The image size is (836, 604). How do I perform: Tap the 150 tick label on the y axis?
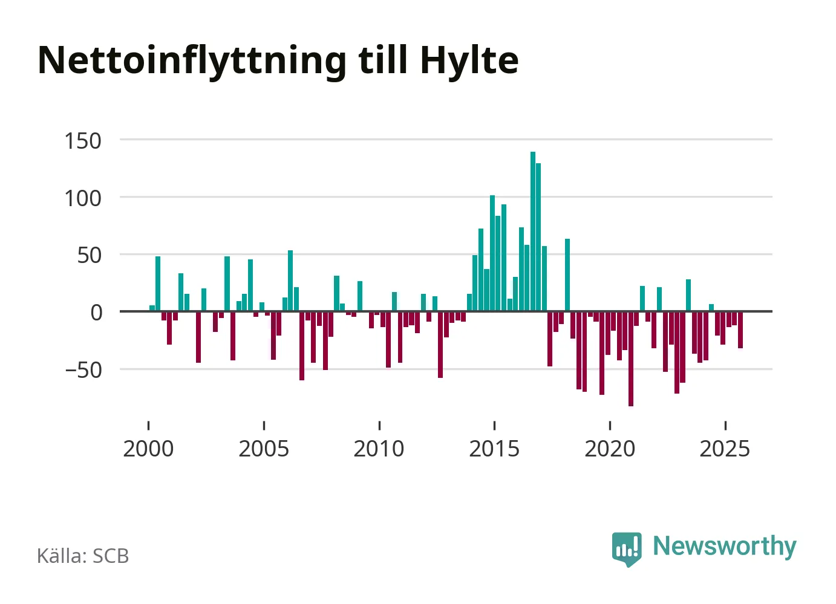pyautogui.click(x=83, y=141)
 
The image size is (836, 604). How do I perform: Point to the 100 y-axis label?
pyautogui.click(x=83, y=198)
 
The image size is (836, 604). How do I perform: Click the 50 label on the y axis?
pyautogui.click(x=90, y=255)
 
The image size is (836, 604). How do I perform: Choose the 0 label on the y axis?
pyautogui.click(x=97, y=313)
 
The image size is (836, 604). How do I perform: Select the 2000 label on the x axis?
pyautogui.click(x=148, y=449)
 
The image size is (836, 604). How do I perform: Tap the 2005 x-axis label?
pyautogui.click(x=264, y=449)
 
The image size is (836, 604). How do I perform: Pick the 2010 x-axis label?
pyautogui.click(x=379, y=449)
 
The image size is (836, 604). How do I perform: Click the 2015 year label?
pyautogui.click(x=494, y=449)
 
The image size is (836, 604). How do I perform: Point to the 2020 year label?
pyautogui.click(x=610, y=449)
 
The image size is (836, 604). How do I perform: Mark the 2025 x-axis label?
pyautogui.click(x=725, y=449)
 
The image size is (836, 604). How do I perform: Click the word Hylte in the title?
pyautogui.click(x=469, y=60)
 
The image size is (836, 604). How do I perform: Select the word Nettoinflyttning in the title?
pyautogui.click(x=192, y=60)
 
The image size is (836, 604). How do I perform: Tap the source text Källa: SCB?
pyautogui.click(x=83, y=556)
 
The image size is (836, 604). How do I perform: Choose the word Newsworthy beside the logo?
pyautogui.click(x=724, y=546)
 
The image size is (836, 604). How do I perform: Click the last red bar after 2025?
pyautogui.click(x=740, y=330)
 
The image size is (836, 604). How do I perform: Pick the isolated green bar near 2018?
pyautogui.click(x=567, y=275)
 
